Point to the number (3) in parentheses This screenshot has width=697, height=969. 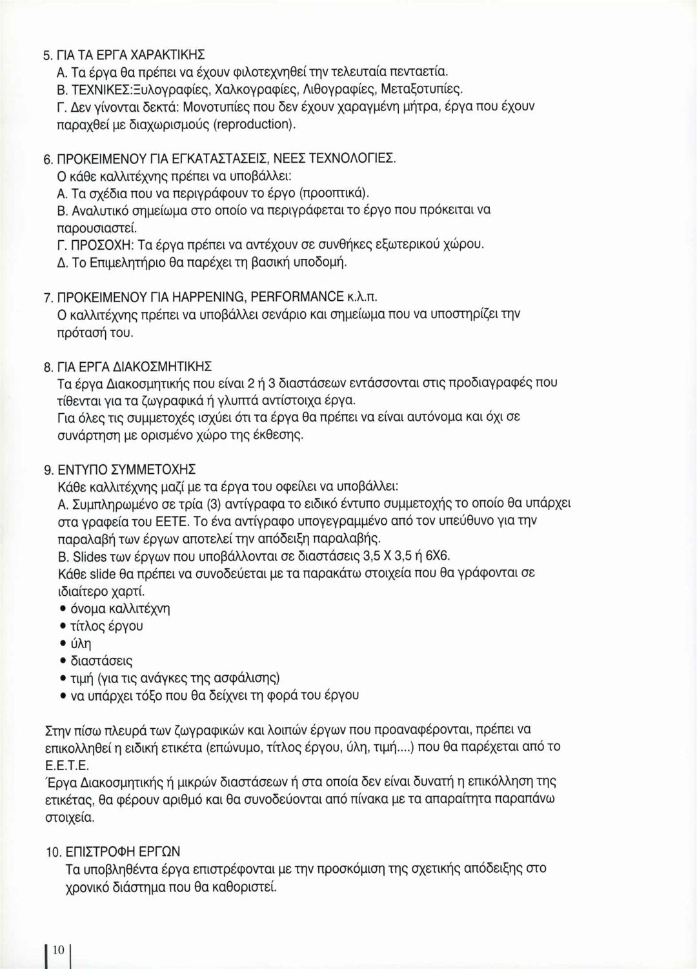213,503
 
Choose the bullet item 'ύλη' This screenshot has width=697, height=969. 81,644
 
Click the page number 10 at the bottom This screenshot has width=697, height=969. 58,950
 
